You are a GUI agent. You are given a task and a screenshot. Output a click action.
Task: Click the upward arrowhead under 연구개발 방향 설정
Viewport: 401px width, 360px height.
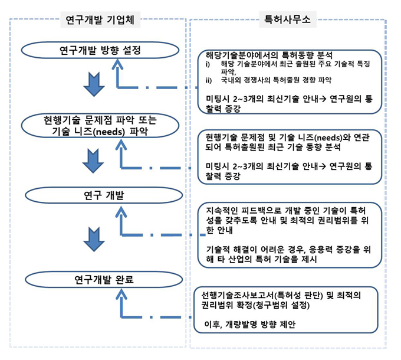[x=121, y=63]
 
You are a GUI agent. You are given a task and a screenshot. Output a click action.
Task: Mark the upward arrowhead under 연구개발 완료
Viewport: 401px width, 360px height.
[x=121, y=293]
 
